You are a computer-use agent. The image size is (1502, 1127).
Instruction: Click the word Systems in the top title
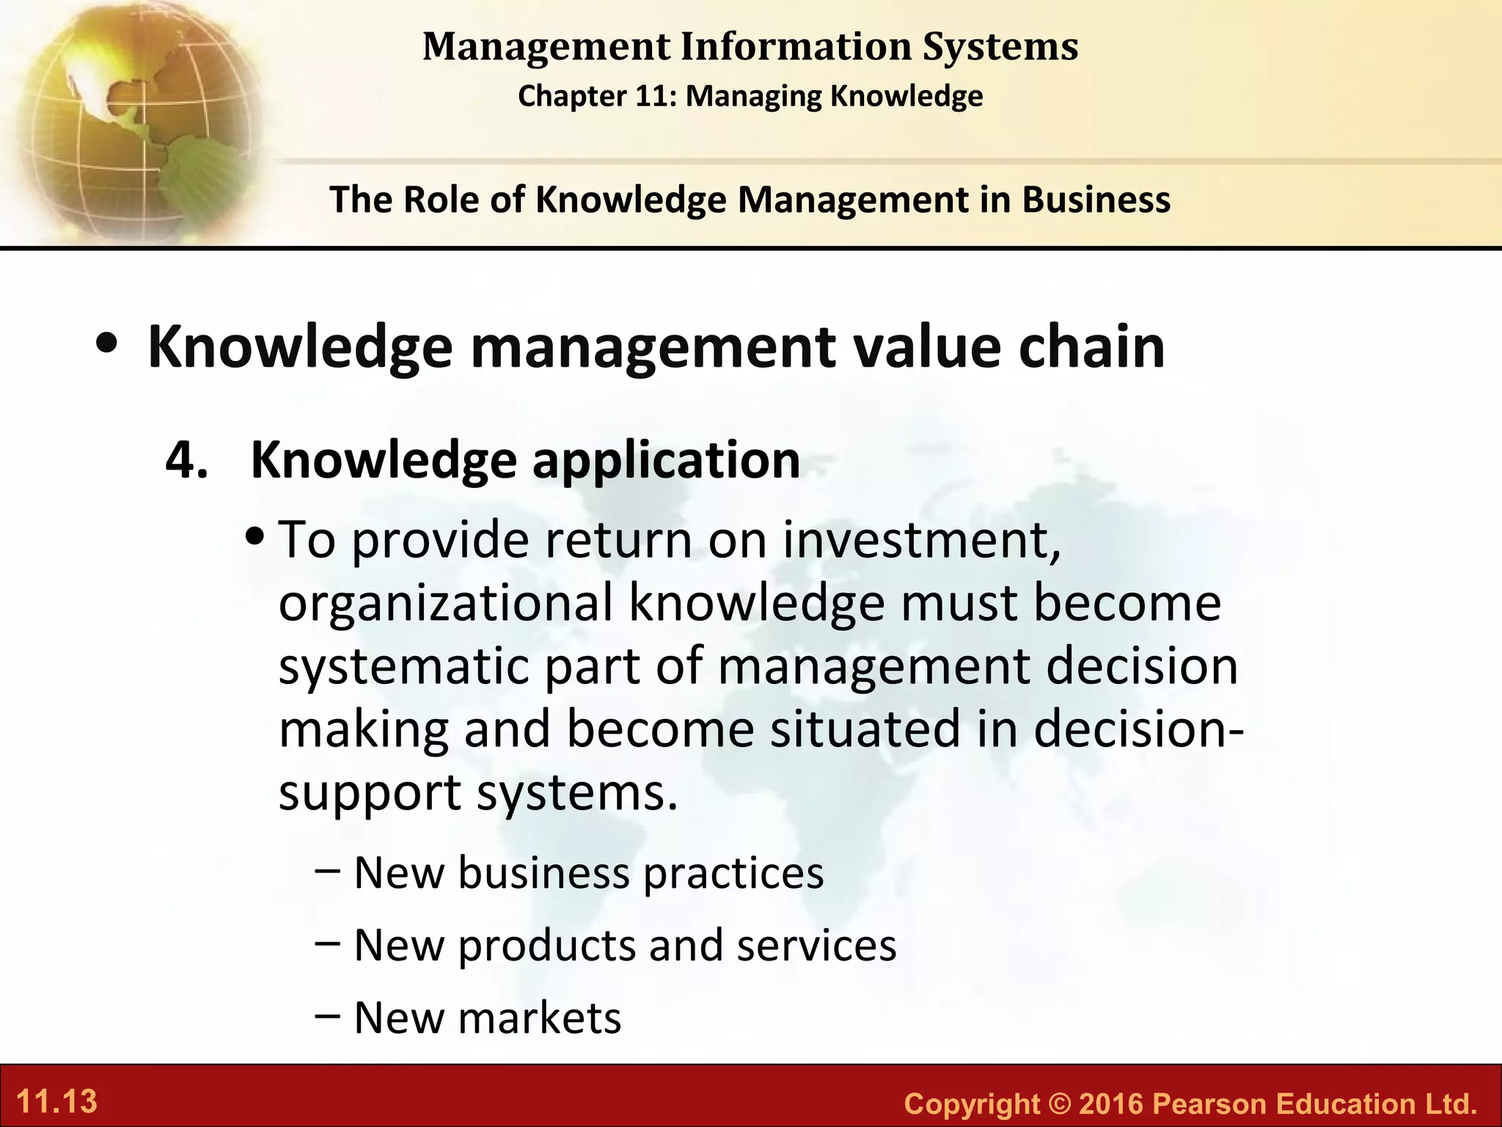1000,47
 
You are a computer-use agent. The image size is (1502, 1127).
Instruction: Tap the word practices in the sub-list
733,874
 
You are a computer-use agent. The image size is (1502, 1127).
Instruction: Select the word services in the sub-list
816,945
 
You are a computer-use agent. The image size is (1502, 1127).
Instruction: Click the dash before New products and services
326,944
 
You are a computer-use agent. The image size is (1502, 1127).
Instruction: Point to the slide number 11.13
56,1101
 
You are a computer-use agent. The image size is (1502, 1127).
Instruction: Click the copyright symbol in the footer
1059,1104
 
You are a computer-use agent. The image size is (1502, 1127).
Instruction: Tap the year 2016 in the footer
1111,1104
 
